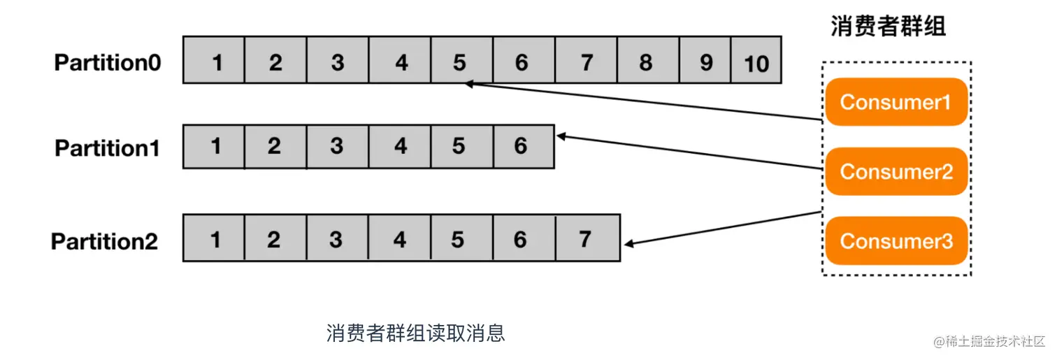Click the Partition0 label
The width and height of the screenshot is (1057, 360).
pyautogui.click(x=108, y=63)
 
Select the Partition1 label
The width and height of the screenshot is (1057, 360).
pyautogui.click(x=107, y=148)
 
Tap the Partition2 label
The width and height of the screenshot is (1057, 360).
pyautogui.click(x=104, y=242)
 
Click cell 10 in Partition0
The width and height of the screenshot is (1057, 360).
pyautogui.click(x=756, y=64)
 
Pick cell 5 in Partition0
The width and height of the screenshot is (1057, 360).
pyautogui.click(x=459, y=63)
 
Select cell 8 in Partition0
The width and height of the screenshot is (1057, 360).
pyautogui.click(x=645, y=63)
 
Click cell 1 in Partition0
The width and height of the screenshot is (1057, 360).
pyautogui.click(x=217, y=63)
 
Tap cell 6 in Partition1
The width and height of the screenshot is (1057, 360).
pyautogui.click(x=521, y=147)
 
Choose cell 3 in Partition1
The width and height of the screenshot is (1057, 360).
pyautogui.click(x=337, y=147)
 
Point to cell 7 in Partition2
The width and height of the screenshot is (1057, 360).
pyautogui.click(x=585, y=240)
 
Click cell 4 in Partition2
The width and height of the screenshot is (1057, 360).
pyautogui.click(x=399, y=240)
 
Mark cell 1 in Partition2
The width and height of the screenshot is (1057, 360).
pyautogui.click(x=215, y=240)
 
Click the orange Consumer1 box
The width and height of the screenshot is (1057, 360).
pyautogui.click(x=896, y=102)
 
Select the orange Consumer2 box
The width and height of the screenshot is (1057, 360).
pyautogui.click(x=896, y=171)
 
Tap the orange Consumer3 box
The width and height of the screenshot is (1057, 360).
pyautogui.click(x=896, y=240)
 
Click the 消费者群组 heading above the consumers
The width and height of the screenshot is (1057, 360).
pyautogui.click(x=888, y=27)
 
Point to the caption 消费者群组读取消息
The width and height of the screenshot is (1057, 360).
pyautogui.click(x=415, y=333)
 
